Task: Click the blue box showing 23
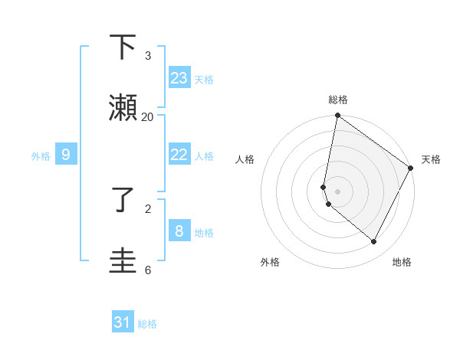[179, 78]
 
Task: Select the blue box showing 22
[179, 155]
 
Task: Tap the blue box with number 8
[179, 231]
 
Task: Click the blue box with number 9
[66, 155]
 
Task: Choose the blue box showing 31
[123, 322]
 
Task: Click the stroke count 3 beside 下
[147, 56]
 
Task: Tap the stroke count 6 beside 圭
[147, 270]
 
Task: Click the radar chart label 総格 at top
[338, 100]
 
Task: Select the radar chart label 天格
[431, 159]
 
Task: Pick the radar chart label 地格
[402, 262]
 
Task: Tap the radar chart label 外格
[270, 262]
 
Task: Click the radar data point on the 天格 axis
[411, 168]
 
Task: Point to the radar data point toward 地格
[374, 241]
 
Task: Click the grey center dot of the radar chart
[338, 191]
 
